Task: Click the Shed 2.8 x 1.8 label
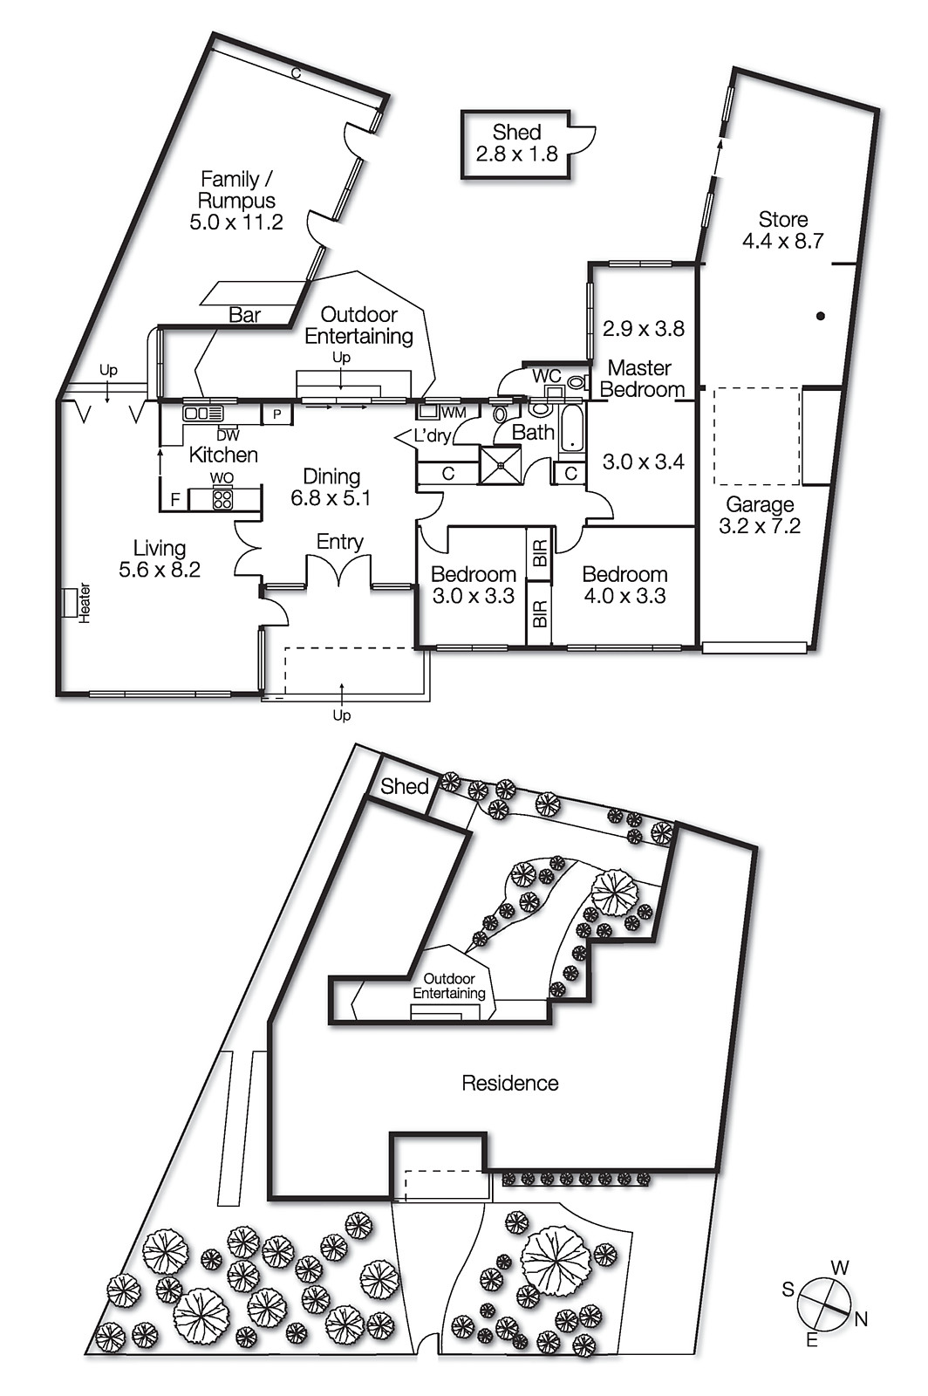tap(516, 143)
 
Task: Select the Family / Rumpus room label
tap(236, 200)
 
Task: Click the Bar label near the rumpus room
tap(244, 315)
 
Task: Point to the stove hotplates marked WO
tap(222, 499)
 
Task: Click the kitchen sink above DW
tap(202, 413)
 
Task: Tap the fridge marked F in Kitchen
tap(175, 500)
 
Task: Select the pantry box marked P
tap(277, 414)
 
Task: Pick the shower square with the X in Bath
tap(502, 464)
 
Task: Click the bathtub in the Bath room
tap(571, 427)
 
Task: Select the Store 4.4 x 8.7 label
tap(782, 229)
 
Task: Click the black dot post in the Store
tap(821, 316)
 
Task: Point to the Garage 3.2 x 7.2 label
tap(760, 515)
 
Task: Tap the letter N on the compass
tap(861, 1319)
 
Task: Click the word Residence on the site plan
tap(510, 1083)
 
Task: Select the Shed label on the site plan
tap(405, 785)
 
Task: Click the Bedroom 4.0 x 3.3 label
tap(624, 585)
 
